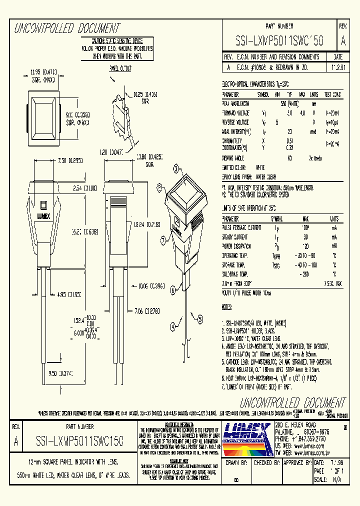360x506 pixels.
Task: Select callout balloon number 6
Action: tap(172, 289)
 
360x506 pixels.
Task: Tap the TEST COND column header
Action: tap(332, 94)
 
